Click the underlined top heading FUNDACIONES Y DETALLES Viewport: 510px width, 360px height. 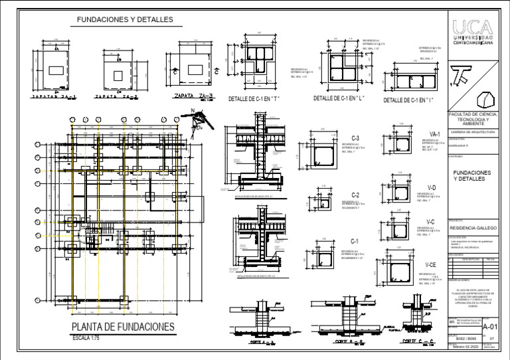coord(125,21)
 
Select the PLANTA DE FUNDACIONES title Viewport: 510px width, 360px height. coord(124,327)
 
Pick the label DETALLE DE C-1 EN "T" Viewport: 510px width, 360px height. coord(255,99)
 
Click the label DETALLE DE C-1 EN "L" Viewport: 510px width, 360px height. coord(339,99)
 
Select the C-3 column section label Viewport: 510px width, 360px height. coord(355,138)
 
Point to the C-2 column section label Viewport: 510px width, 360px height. coord(355,195)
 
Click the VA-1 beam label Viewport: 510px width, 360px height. coord(435,134)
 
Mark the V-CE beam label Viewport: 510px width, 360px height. coord(431,264)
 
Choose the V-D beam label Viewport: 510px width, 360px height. coord(432,187)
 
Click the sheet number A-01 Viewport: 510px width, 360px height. coord(489,327)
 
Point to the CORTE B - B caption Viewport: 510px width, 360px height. coord(347,341)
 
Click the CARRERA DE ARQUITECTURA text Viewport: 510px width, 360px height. coord(472,132)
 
